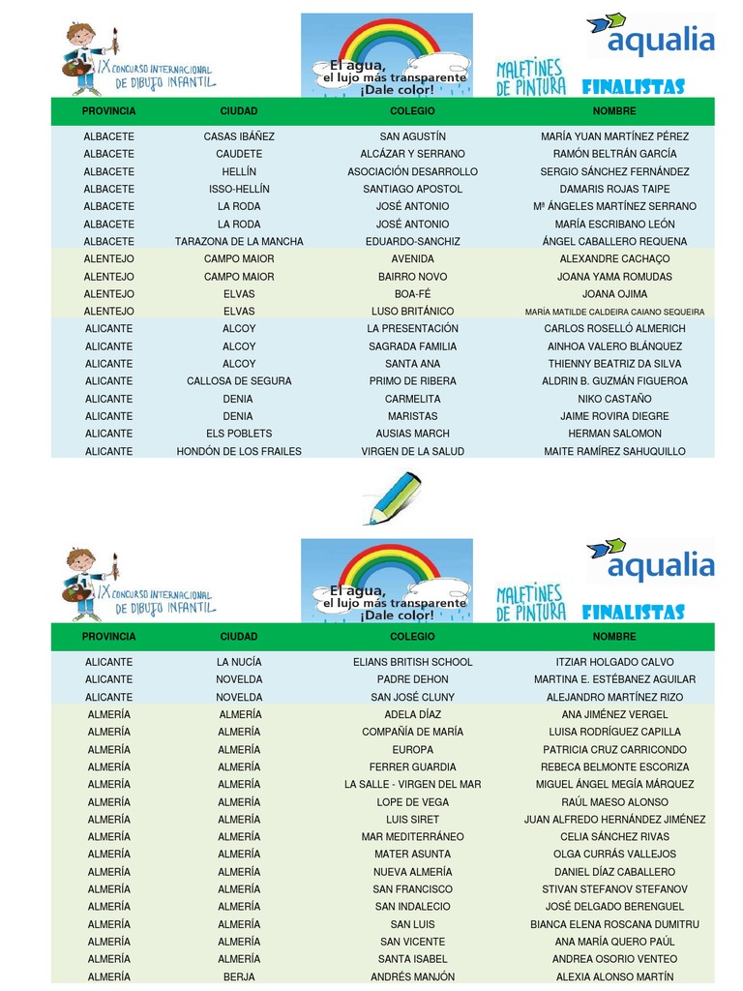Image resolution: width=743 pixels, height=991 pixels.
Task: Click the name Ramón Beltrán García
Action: pyautogui.click(x=614, y=154)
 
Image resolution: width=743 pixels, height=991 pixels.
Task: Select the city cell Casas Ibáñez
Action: pyautogui.click(x=239, y=136)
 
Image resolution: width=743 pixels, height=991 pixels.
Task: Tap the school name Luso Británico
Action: pyautogui.click(x=412, y=312)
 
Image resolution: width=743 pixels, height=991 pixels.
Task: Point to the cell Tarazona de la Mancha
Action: pyautogui.click(x=239, y=242)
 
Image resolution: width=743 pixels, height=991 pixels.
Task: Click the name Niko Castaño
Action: pyautogui.click(x=614, y=399)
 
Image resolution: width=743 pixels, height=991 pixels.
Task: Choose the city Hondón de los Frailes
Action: pyautogui.click(x=239, y=452)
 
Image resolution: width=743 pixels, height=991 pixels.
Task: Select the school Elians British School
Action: pyautogui.click(x=412, y=662)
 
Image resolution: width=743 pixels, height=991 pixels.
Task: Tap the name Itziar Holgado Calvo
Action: pyautogui.click(x=614, y=662)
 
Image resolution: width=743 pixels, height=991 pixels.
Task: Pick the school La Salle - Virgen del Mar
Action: pyautogui.click(x=412, y=785)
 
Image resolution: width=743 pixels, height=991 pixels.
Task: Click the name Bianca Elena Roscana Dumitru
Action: pyautogui.click(x=614, y=924)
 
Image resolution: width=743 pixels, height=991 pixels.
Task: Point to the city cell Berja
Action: pyautogui.click(x=239, y=977)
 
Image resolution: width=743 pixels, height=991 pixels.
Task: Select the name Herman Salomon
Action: pyautogui.click(x=614, y=434)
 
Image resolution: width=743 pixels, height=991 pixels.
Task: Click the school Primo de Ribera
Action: pyautogui.click(x=412, y=381)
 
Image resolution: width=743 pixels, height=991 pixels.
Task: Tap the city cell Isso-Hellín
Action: pyautogui.click(x=239, y=189)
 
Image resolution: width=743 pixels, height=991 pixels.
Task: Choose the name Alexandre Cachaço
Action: pyautogui.click(x=614, y=259)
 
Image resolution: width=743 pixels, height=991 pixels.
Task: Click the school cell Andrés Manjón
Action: pyautogui.click(x=412, y=977)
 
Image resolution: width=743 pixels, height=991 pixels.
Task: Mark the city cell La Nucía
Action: pyautogui.click(x=239, y=662)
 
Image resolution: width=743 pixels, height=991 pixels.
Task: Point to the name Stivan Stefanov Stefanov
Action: pyautogui.click(x=614, y=889)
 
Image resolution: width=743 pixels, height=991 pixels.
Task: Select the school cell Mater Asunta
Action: pyautogui.click(x=412, y=855)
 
